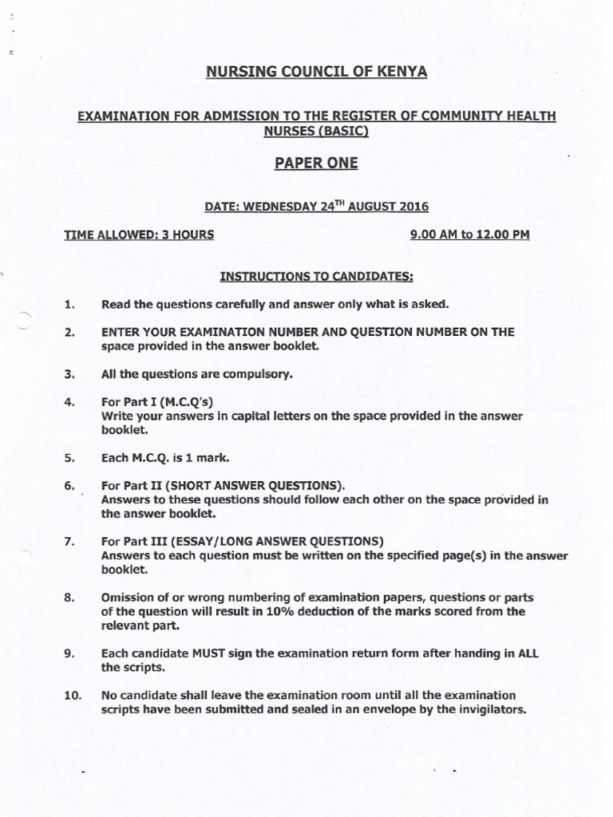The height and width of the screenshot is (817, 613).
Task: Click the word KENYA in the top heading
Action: (402, 73)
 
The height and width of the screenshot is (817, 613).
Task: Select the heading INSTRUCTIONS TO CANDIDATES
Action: (316, 277)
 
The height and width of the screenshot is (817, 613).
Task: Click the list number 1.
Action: (69, 304)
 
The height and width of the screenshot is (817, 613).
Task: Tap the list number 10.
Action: (72, 695)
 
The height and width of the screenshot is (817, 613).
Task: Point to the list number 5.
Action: (69, 458)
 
